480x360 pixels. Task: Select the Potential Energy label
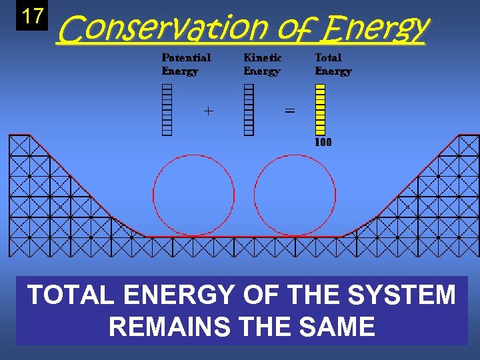(x=186, y=65)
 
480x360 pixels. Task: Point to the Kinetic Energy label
(x=262, y=65)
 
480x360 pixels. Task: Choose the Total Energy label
(x=333, y=65)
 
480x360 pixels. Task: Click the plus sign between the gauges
(x=209, y=111)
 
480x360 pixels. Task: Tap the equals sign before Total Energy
(x=290, y=111)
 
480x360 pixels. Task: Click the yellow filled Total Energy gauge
(x=320, y=110)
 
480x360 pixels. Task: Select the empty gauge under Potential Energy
(x=167, y=110)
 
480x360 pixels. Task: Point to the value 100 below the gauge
(x=323, y=142)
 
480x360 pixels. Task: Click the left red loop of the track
(x=193, y=195)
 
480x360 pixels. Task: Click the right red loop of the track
(x=295, y=195)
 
